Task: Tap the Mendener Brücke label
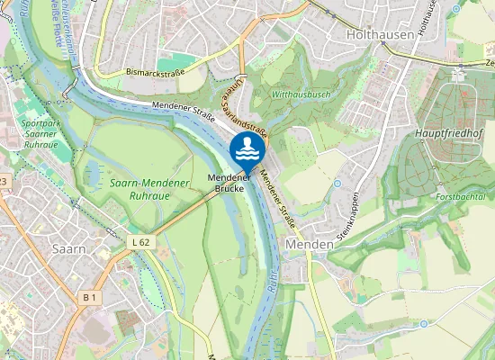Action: point(229,183)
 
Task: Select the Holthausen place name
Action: point(381,34)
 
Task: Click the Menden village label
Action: point(302,244)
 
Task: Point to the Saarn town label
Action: point(68,248)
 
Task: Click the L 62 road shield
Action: point(139,243)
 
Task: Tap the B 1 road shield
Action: point(89,296)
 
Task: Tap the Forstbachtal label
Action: point(460,195)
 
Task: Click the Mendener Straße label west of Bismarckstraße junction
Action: point(175,110)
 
